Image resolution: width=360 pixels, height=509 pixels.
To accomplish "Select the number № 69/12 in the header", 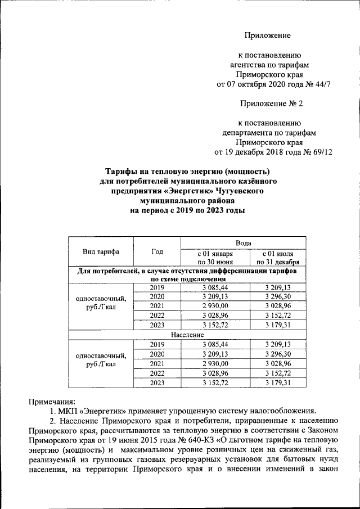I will (x=314, y=152).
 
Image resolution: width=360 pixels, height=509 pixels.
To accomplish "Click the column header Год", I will (x=157, y=251).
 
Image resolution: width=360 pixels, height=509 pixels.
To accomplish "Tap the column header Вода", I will (x=243, y=242).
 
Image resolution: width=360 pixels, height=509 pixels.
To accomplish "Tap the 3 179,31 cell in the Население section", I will (x=277, y=382).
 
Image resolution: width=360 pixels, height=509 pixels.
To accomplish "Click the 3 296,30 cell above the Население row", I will (x=277, y=296).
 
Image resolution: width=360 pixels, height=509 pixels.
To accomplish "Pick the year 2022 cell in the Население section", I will (x=157, y=373).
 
